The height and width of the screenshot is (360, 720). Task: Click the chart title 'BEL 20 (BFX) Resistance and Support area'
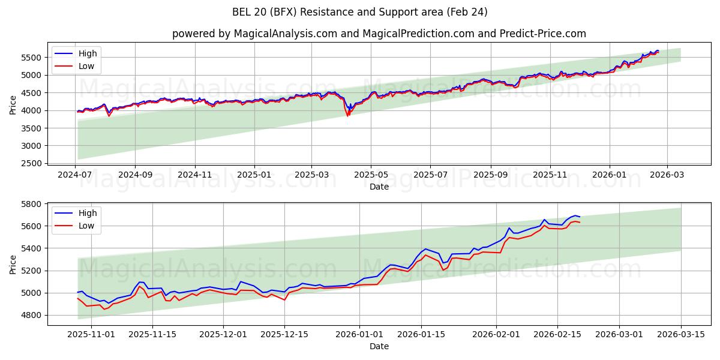tap(360, 12)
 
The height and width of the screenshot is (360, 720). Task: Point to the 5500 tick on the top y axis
tap(34, 58)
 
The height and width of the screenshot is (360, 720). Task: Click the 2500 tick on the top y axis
tap(34, 163)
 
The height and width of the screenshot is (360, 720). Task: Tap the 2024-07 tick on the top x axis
tap(76, 175)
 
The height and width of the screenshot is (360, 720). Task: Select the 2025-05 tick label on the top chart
tap(371, 175)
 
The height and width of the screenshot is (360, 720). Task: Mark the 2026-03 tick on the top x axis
tap(667, 175)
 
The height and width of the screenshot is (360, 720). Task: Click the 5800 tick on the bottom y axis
tap(34, 204)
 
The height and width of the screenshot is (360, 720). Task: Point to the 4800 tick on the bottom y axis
tap(34, 315)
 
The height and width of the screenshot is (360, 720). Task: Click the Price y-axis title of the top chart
tap(13, 105)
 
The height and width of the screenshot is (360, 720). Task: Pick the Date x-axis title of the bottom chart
tap(379, 346)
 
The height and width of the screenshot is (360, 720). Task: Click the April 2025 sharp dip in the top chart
tap(347, 114)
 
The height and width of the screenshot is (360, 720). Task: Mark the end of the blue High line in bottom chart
tap(580, 217)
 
